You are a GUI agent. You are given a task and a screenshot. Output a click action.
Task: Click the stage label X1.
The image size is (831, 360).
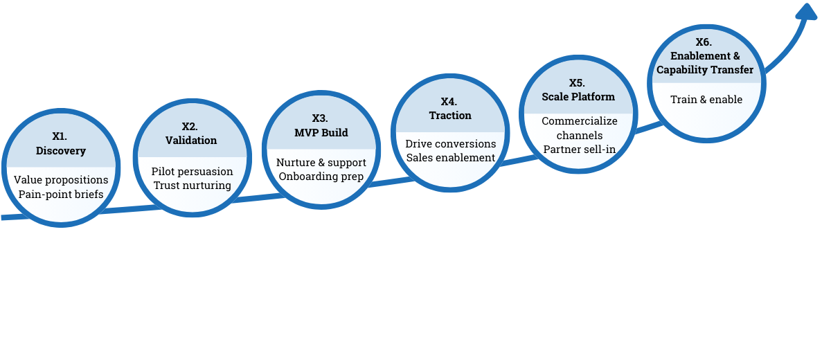tap(61, 137)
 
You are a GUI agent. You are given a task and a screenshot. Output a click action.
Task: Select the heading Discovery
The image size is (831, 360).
tap(61, 151)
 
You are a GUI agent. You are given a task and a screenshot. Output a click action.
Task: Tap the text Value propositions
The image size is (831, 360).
tap(61, 180)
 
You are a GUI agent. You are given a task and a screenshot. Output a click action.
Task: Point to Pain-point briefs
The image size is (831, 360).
tap(61, 195)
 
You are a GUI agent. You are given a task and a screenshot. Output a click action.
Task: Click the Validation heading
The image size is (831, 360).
tap(191, 141)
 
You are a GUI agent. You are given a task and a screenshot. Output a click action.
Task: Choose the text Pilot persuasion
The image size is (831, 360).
tap(192, 172)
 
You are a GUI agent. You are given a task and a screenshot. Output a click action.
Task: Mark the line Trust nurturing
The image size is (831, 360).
tap(192, 186)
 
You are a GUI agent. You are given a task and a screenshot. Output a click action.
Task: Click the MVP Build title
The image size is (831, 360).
tap(321, 132)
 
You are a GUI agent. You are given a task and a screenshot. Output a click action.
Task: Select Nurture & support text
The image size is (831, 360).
tap(321, 163)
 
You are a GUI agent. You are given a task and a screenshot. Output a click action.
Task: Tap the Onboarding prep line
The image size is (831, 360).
tap(321, 177)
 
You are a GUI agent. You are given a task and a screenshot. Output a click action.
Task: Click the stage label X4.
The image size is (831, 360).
tap(449, 102)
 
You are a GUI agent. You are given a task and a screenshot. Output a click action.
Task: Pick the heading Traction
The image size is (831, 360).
tap(450, 116)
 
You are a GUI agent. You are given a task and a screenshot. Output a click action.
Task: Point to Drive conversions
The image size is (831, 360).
tap(451, 144)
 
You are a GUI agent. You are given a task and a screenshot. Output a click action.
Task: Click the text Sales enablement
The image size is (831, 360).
tap(451, 158)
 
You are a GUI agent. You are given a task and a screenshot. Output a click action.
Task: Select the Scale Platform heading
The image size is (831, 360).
tap(578, 97)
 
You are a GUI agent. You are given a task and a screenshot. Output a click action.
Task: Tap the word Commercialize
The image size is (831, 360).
tap(580, 121)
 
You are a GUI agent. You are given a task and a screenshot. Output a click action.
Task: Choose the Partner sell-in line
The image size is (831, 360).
tap(580, 150)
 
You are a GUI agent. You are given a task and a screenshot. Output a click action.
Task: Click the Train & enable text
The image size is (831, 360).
tap(706, 100)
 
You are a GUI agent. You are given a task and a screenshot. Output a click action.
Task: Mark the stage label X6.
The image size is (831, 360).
tap(704, 42)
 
